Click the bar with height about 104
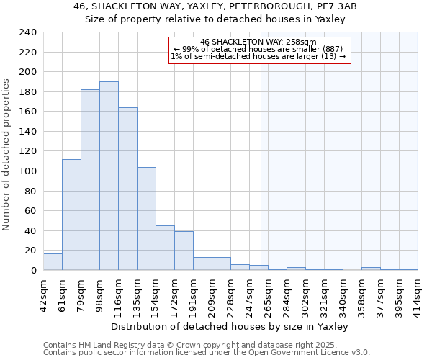[x=146, y=219]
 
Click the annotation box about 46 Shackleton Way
[x=259, y=50]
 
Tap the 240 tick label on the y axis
[x=28, y=32]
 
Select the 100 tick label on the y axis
[x=28, y=171]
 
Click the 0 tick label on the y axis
[x=34, y=271]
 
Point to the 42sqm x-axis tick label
[x=43, y=294]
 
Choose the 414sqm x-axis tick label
[x=418, y=294]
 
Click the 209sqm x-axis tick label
[x=212, y=294]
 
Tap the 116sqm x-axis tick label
[x=118, y=294]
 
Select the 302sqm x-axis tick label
[x=305, y=294]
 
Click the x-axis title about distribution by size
[x=230, y=326]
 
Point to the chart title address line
[x=215, y=6]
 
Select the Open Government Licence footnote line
[x=207, y=353]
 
